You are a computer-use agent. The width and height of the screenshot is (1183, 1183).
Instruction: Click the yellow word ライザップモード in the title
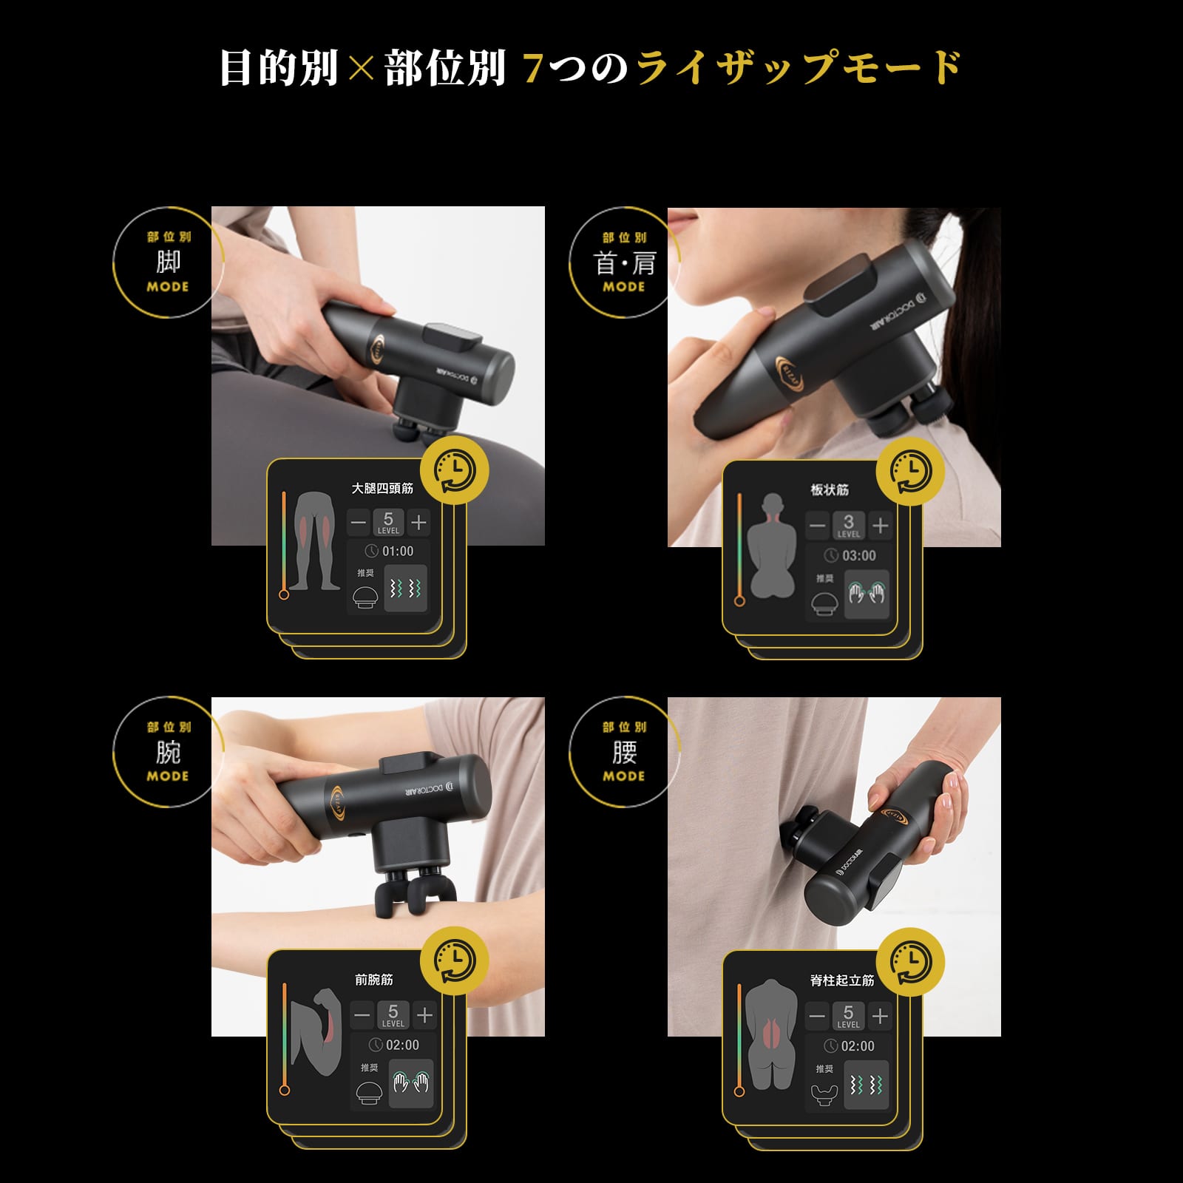pyautogui.click(x=799, y=68)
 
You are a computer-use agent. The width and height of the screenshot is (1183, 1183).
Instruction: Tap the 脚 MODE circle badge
pyautogui.click(x=168, y=262)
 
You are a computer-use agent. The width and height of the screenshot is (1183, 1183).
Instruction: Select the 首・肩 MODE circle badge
pyautogui.click(x=624, y=263)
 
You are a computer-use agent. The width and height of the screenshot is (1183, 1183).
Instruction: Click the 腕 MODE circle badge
pyautogui.click(x=168, y=753)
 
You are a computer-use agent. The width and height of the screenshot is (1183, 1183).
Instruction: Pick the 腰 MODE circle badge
pyautogui.click(x=624, y=753)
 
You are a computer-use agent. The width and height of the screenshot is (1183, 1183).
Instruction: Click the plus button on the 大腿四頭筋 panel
pyautogui.click(x=419, y=523)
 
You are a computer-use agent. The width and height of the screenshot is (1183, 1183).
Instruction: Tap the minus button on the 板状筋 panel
pyautogui.click(x=817, y=526)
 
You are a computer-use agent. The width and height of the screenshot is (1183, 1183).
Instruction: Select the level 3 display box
pyautogui.click(x=848, y=526)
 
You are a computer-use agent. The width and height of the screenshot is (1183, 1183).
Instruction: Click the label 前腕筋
pyautogui.click(x=374, y=980)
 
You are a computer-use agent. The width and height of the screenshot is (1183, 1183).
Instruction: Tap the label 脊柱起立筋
pyautogui.click(x=842, y=980)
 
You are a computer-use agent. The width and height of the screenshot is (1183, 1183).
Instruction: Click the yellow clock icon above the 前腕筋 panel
pyautogui.click(x=455, y=961)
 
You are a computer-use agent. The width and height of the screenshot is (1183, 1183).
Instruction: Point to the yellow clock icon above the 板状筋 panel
pyautogui.click(x=910, y=470)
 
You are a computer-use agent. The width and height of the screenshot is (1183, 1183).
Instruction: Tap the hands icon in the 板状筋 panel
pyautogui.click(x=867, y=594)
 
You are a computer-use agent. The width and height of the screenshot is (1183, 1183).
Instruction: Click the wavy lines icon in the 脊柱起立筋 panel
pyautogui.click(x=866, y=1085)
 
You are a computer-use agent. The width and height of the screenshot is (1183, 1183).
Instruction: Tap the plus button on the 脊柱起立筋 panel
pyautogui.click(x=880, y=1017)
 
